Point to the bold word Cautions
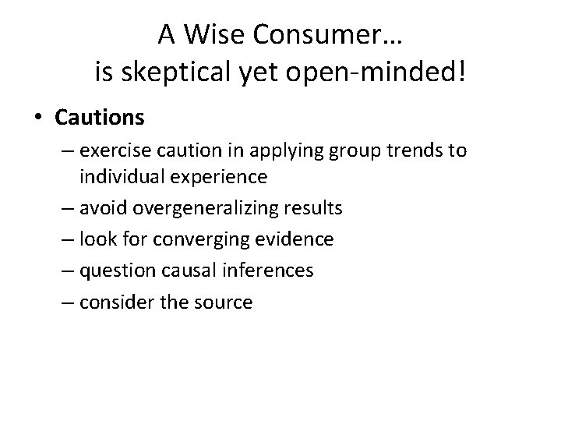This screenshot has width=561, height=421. tap(99, 117)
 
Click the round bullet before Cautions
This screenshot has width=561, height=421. tap(37, 118)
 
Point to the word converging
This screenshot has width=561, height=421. tap(199, 239)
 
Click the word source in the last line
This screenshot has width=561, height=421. tap(226, 301)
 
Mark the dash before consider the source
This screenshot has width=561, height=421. tap(65, 302)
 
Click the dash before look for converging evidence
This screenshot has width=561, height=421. tap(65, 239)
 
